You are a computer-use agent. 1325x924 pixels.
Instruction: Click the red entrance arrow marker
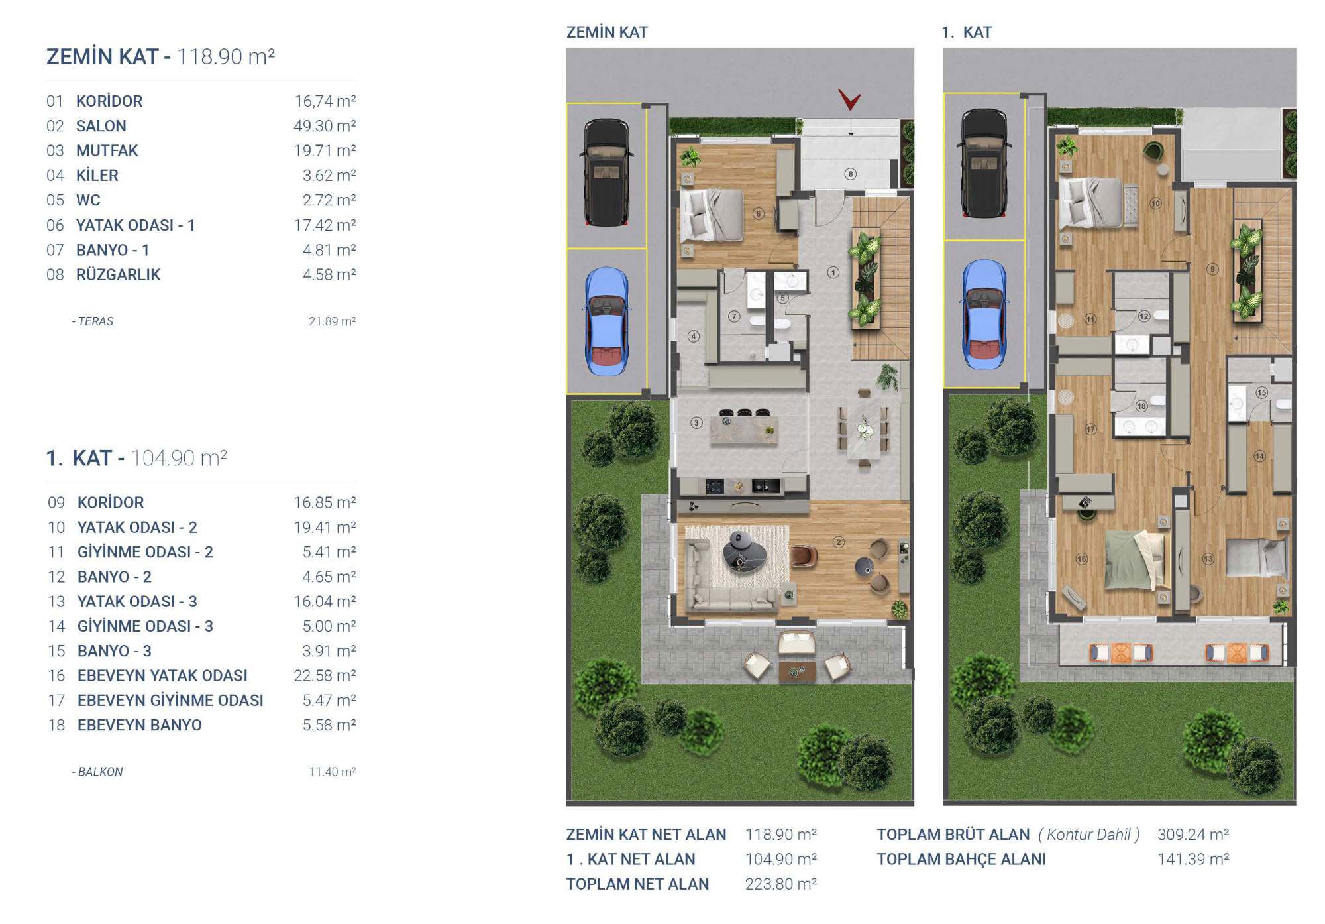point(849,101)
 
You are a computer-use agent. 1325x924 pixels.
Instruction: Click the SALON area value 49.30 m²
point(325,126)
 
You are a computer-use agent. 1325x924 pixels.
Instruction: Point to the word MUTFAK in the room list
point(107,151)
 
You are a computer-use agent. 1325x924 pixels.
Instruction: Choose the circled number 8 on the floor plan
point(851,174)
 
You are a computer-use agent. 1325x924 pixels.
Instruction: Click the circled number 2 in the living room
point(839,542)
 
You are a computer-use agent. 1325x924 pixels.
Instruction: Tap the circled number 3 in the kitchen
point(696,423)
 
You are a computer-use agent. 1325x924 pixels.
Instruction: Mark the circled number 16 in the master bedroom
point(1082,559)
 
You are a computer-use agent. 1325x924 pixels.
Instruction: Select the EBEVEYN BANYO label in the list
point(140,725)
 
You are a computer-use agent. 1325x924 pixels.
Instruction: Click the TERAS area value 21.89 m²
point(332,321)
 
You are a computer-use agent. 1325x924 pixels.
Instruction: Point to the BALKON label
point(100,772)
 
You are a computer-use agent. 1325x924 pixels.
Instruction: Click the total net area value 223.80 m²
point(781,884)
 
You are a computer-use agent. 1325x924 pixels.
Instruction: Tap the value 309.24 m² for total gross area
point(1193,835)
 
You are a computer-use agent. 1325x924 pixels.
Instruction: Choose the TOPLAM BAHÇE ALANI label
point(961,859)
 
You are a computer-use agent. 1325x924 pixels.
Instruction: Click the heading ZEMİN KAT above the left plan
point(607,32)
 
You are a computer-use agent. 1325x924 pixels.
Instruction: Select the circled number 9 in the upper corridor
point(1212,269)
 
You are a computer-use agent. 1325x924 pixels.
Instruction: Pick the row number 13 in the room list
point(56,602)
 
